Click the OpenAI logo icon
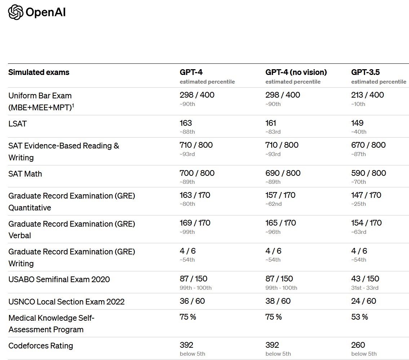click(x=15, y=12)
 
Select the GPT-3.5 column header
click(x=365, y=72)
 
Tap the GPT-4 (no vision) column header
click(x=296, y=72)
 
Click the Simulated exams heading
click(x=39, y=72)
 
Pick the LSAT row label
click(x=17, y=124)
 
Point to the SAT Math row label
click(x=25, y=174)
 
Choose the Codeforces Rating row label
click(x=41, y=346)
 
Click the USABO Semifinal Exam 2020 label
click(x=59, y=279)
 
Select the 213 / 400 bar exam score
click(x=368, y=95)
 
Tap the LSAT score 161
click(x=271, y=123)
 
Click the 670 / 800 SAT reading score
click(x=368, y=145)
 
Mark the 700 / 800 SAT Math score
click(x=197, y=173)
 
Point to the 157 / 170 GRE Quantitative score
click(x=280, y=195)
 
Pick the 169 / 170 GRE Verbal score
click(x=195, y=223)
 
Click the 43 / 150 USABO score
click(x=365, y=279)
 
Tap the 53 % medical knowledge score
click(x=359, y=317)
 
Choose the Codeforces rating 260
click(x=358, y=345)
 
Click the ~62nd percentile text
click(x=274, y=204)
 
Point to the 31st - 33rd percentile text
click(x=365, y=288)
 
